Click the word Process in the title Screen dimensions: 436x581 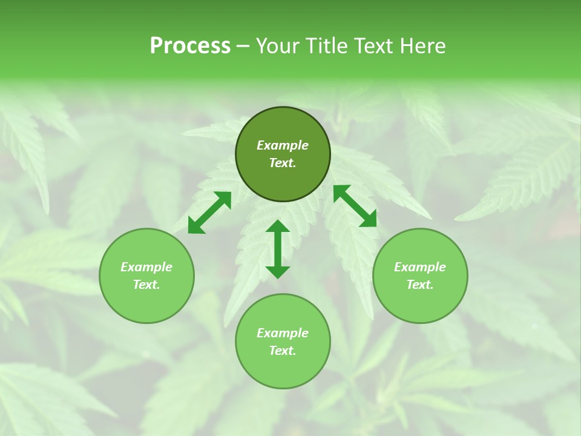tap(190, 46)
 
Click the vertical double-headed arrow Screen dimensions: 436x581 tap(278, 249)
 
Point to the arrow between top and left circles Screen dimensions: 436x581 tap(209, 213)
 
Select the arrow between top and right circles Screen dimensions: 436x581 tap(355, 206)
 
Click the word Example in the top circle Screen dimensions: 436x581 tap(283, 145)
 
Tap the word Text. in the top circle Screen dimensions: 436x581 tap(283, 163)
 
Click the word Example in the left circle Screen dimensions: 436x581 tap(146, 267)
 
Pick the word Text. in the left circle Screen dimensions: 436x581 tap(146, 285)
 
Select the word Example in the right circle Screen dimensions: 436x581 tap(420, 267)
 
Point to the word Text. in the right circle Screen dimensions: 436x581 tap(420, 285)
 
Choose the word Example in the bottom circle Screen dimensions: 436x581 tap(283, 333)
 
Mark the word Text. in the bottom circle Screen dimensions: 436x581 tap(283, 351)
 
